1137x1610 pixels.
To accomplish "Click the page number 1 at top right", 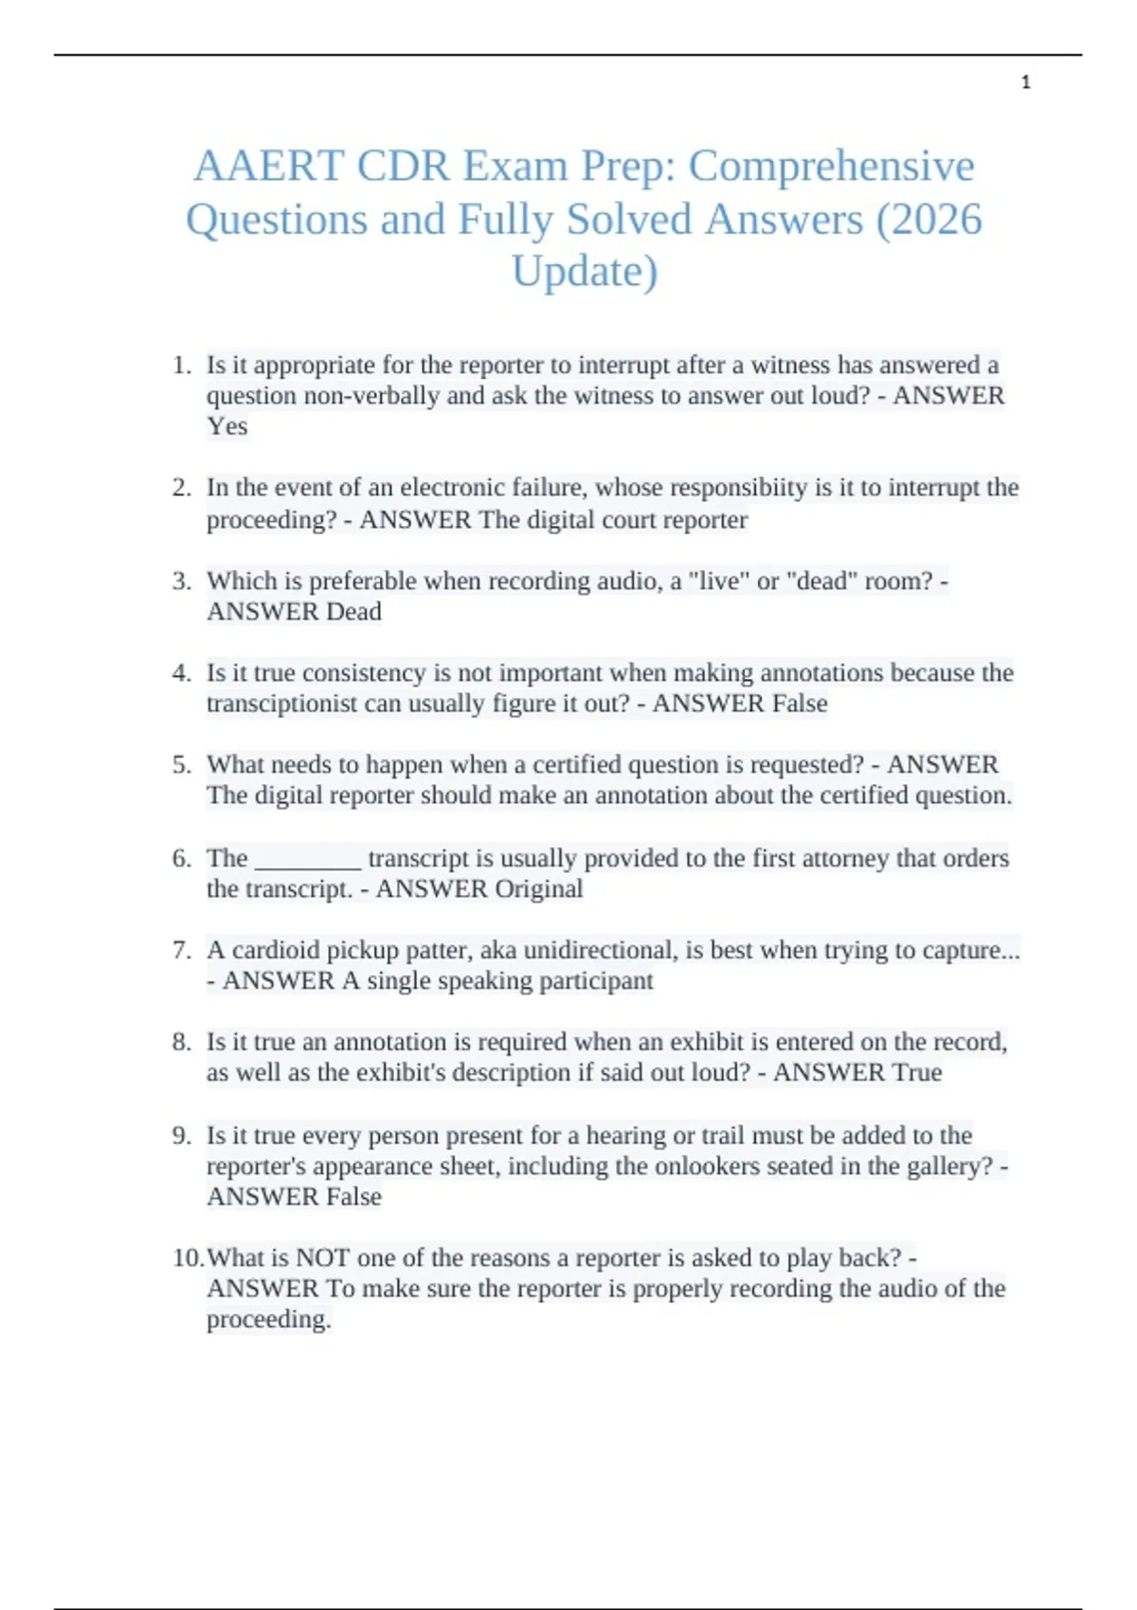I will click(1025, 82).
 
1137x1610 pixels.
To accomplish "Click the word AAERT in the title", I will click(269, 167).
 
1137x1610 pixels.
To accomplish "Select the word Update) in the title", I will click(585, 272).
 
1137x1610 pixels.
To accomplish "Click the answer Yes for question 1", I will click(227, 426).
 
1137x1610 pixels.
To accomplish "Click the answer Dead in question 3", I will click(353, 612).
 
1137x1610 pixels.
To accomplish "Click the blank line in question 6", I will click(309, 859).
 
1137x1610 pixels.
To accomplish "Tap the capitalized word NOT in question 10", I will click(323, 1258).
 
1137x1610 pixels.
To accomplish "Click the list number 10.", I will click(188, 1258).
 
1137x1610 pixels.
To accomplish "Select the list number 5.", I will click(182, 765).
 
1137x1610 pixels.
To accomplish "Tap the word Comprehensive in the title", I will click(831, 167).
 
